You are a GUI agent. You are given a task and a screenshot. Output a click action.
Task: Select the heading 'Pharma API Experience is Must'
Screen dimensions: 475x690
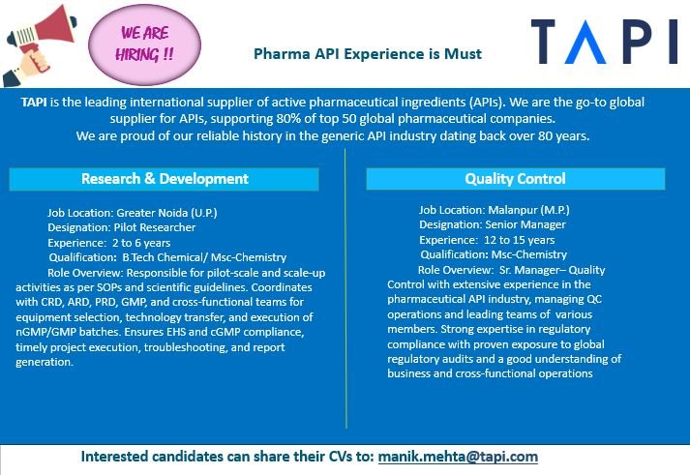click(x=367, y=54)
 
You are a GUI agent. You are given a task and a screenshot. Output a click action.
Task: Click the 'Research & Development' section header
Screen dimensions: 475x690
click(x=165, y=179)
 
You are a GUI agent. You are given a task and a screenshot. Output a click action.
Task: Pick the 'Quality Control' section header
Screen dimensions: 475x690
click(x=515, y=179)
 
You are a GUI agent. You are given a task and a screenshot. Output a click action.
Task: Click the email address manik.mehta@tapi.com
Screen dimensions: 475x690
click(x=458, y=456)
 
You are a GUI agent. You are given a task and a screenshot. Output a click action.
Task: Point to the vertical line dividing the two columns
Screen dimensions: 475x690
click(x=346, y=290)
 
